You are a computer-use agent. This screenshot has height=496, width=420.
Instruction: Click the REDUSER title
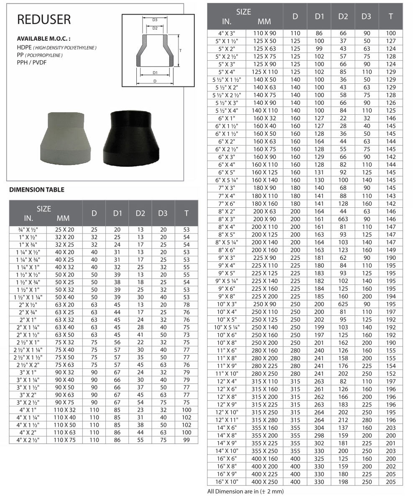(x=44, y=19)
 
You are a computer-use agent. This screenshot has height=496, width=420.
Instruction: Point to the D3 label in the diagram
(x=155, y=20)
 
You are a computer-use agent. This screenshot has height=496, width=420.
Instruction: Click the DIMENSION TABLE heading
(x=37, y=190)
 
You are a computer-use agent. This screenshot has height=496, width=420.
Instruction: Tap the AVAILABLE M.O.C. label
(x=44, y=39)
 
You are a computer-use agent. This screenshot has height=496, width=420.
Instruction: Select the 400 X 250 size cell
(x=264, y=482)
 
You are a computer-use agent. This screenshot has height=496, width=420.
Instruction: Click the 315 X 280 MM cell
(x=264, y=420)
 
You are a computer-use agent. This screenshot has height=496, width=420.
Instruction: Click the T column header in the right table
(x=391, y=16)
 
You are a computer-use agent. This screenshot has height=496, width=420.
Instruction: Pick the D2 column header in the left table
(x=140, y=213)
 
